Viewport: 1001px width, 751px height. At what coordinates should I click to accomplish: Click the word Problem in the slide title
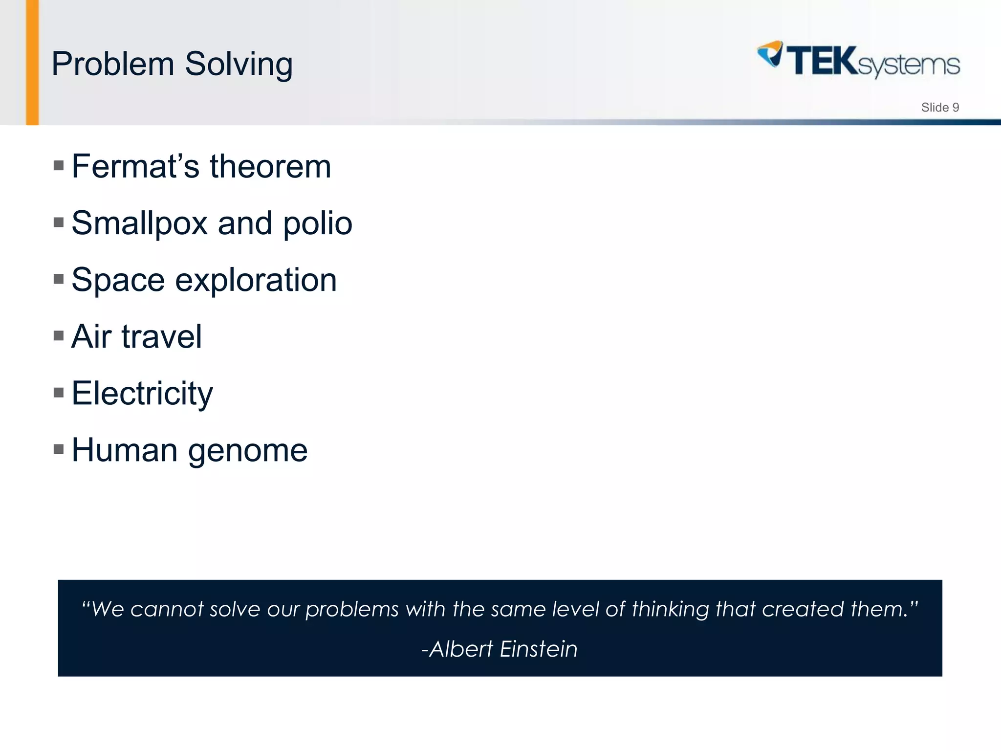[112, 64]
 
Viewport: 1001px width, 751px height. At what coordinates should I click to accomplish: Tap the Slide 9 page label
[939, 108]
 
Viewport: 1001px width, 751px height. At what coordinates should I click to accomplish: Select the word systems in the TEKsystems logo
[908, 66]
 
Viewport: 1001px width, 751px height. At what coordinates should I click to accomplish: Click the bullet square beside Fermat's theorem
[59, 165]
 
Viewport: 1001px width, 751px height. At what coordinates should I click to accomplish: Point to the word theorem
[270, 166]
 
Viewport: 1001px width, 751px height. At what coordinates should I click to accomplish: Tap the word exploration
[256, 280]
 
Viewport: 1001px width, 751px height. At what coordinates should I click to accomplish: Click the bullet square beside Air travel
[59, 335]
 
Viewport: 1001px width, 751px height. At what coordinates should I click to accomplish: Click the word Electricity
[142, 394]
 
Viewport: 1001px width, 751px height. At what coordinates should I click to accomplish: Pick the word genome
[248, 451]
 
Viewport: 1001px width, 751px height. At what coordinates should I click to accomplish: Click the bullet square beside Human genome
[59, 449]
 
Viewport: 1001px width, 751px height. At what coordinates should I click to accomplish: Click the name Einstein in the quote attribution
[538, 649]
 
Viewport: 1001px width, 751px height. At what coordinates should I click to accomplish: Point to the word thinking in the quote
[670, 610]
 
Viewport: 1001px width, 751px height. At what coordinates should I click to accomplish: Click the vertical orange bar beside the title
[32, 63]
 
